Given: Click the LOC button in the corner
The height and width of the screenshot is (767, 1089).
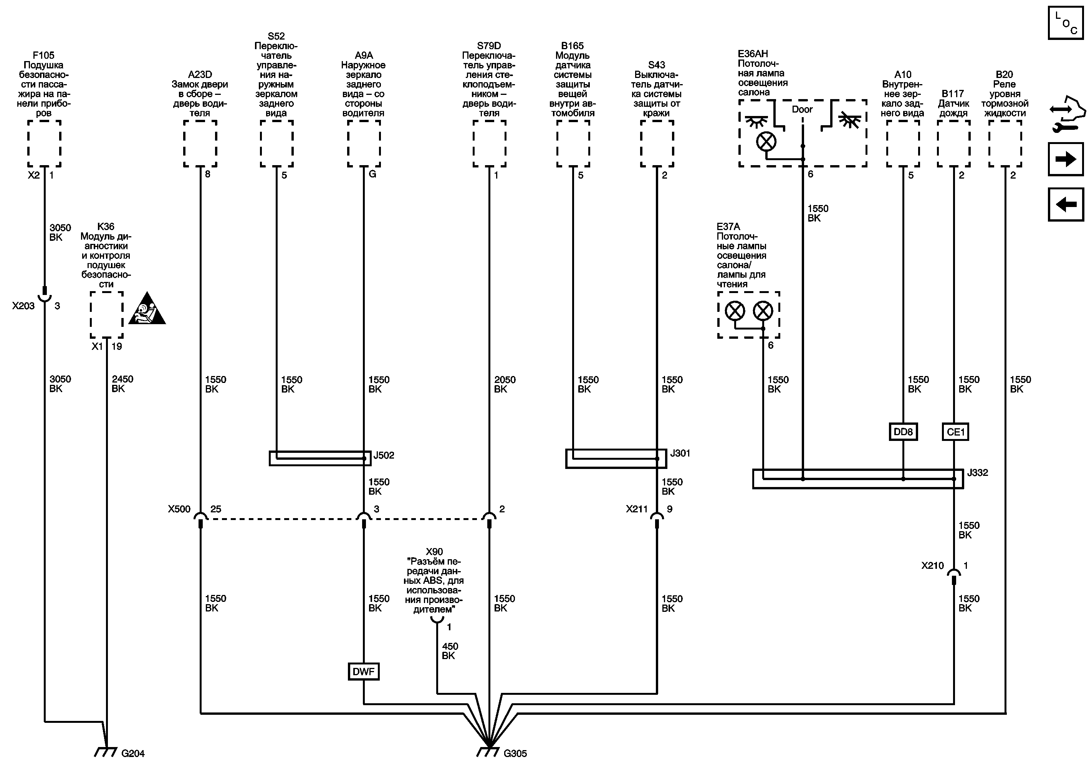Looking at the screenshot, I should [x=1065, y=22].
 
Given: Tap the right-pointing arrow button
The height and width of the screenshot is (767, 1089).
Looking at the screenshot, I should [x=1065, y=159].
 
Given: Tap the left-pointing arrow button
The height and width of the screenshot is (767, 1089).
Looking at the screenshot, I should [x=1065, y=204].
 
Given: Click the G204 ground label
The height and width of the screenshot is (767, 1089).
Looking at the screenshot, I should [x=133, y=753].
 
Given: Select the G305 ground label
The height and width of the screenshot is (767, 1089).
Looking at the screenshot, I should [x=515, y=753].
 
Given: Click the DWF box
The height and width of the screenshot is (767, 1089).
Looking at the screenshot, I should [x=363, y=671].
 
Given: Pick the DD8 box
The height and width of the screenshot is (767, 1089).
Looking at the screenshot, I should [x=903, y=432].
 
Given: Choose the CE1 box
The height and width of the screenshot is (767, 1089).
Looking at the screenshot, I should [x=955, y=432].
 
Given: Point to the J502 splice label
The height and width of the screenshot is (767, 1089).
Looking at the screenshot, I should [x=384, y=456].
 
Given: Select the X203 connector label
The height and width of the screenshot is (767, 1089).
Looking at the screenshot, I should [x=23, y=306].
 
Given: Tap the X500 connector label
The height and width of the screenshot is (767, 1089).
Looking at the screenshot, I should [x=179, y=509].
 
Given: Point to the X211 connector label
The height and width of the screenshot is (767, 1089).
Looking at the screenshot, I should [x=637, y=509].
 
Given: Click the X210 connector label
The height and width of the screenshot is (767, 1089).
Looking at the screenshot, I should [x=932, y=565].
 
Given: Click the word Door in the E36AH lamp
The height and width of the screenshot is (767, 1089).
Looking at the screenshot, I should [x=802, y=109].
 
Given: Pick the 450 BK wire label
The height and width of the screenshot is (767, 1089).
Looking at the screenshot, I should [x=450, y=651].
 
